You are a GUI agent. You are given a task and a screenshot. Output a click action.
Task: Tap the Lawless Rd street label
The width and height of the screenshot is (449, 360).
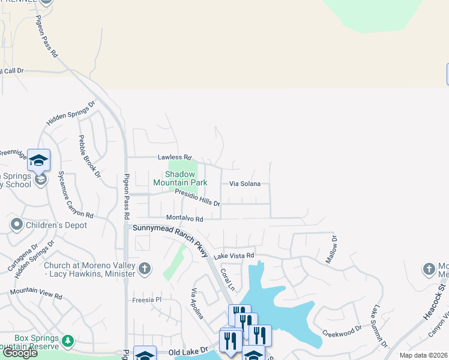pyautogui.click(x=174, y=158)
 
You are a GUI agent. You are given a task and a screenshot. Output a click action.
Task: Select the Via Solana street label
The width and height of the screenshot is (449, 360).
pyautogui.click(x=245, y=184)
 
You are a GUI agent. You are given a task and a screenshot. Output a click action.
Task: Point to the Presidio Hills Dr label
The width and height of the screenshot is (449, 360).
pyautogui.click(x=197, y=197)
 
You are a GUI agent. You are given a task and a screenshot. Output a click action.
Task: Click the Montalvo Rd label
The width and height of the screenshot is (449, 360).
pyautogui.click(x=185, y=219)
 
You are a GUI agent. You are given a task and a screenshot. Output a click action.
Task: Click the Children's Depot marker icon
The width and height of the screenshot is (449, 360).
pyautogui.click(x=16, y=225)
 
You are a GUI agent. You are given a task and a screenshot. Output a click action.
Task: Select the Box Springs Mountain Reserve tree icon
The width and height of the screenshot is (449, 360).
pyautogui.click(x=68, y=341)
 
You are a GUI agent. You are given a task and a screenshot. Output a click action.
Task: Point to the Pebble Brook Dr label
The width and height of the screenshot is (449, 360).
pyautogui.click(x=88, y=156)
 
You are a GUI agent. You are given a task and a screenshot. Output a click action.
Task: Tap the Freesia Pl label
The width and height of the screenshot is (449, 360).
pyautogui.click(x=147, y=299)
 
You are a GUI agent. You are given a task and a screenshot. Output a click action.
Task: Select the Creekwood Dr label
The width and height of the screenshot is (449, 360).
pyautogui.click(x=342, y=331)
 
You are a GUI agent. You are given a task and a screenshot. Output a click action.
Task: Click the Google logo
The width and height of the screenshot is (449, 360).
pyautogui.click(x=19, y=353)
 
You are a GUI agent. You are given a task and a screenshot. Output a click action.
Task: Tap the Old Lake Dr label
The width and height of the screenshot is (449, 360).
pyautogui.click(x=188, y=350)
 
